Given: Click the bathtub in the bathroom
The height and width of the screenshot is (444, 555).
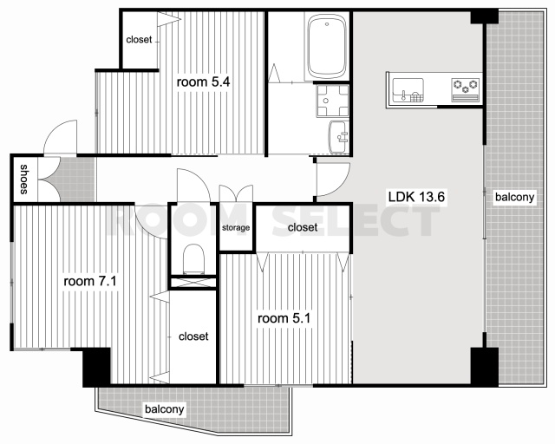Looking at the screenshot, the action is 326,47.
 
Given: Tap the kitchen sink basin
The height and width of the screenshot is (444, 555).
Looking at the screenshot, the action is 408,90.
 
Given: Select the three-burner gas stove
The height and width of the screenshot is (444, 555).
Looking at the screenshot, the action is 466,90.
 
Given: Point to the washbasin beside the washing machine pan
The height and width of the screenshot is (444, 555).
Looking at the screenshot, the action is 339,137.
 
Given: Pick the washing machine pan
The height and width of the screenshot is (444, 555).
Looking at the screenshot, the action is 333,101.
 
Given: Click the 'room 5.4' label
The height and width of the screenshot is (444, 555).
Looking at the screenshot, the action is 203,82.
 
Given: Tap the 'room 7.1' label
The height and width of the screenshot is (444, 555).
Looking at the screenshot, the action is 90,282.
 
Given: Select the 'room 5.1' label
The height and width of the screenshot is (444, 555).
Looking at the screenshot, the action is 284,318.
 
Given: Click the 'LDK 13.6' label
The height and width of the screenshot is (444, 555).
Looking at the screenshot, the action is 416,197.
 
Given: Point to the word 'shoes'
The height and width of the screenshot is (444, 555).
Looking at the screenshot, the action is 23,180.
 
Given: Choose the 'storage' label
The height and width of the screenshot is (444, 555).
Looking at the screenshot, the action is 236,228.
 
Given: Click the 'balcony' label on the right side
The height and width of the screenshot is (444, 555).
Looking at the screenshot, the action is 514,197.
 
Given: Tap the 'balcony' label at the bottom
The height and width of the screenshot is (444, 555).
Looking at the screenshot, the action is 165,409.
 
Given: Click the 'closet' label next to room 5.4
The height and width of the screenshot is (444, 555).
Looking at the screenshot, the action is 139,40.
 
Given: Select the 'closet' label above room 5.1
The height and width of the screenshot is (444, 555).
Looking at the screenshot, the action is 303,227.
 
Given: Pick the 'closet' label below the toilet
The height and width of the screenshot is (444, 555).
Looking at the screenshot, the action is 193,336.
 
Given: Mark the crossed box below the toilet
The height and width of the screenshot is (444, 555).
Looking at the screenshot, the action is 193,283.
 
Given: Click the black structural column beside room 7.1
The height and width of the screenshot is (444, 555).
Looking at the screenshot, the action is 96,367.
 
